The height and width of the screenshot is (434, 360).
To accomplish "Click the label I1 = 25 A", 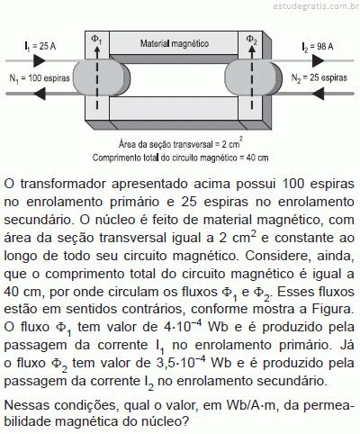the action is [40, 47].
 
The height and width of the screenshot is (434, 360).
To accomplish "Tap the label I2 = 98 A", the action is [318, 47].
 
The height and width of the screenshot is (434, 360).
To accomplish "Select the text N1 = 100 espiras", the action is [40, 78].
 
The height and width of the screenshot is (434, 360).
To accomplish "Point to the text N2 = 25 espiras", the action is [319, 78].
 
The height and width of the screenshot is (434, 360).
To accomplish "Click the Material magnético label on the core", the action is [175, 43].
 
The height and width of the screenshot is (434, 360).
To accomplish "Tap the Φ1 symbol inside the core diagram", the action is [96, 40].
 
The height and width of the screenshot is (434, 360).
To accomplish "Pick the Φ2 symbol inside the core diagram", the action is [251, 40].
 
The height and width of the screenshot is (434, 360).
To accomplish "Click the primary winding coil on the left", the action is [101, 77].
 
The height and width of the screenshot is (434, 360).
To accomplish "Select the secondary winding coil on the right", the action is [254, 77].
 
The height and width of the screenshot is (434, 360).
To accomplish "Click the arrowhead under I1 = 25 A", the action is [40, 60].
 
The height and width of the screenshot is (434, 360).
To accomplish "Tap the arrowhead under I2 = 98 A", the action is [318, 61].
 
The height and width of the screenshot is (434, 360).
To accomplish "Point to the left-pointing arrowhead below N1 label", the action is [40, 94].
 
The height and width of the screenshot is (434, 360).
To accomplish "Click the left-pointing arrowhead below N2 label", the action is [318, 94].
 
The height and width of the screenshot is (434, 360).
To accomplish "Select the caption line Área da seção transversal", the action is [181, 143].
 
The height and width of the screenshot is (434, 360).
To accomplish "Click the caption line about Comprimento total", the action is [181, 158].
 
